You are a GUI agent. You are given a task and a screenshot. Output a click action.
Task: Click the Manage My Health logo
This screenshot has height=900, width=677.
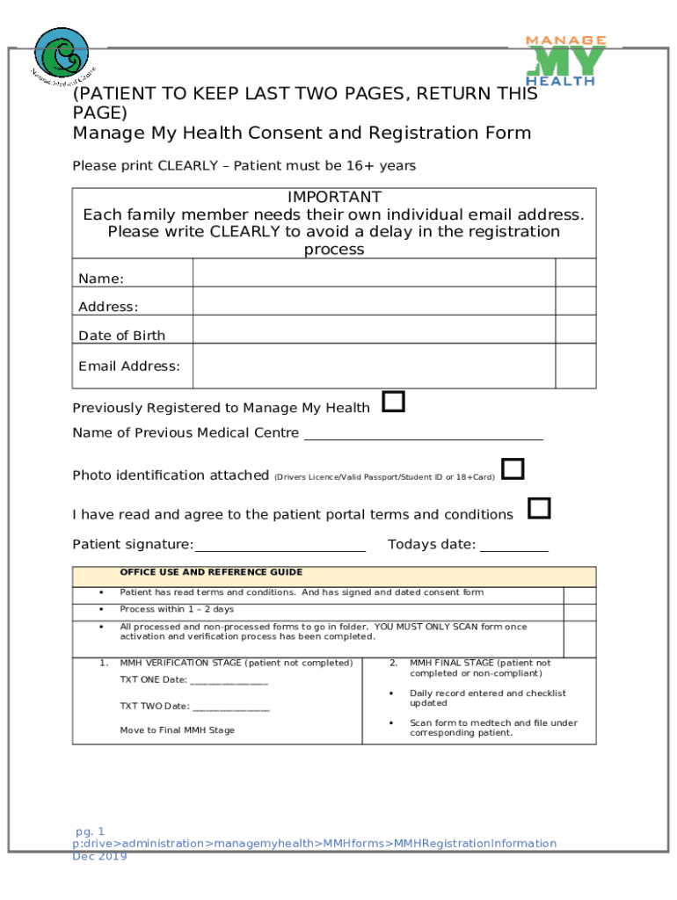[565, 61]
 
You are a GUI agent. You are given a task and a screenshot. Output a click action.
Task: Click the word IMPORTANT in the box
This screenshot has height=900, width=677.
[334, 197]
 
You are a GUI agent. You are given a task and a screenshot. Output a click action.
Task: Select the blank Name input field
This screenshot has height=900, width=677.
[374, 274]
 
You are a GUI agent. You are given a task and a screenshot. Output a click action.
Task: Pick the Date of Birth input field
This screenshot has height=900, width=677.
[374, 329]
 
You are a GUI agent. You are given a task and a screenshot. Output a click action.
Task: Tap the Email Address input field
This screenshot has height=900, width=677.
[374, 366]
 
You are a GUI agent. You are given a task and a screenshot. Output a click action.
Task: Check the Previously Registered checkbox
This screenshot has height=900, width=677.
[393, 403]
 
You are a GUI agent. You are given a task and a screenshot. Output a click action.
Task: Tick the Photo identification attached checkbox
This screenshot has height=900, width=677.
[513, 469]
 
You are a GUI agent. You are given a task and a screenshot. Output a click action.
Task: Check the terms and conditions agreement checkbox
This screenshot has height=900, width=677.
[539, 508]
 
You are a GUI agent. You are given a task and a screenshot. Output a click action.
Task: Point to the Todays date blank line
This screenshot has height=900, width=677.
[513, 547]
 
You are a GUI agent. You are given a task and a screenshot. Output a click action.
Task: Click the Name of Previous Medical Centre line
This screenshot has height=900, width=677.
[422, 435]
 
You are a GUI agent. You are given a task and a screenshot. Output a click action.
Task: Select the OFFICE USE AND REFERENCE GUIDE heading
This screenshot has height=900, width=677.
[211, 572]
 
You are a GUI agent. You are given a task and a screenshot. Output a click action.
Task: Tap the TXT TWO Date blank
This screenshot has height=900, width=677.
[230, 708]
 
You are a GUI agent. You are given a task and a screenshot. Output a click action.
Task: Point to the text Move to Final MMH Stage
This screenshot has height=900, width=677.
[177, 730]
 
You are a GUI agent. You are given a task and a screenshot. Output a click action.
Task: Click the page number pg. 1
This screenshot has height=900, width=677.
[90, 831]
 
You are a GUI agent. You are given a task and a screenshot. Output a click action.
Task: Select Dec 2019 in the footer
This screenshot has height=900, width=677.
[99, 856]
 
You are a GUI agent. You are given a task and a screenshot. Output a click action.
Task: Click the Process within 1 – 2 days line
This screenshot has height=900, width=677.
[177, 609]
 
